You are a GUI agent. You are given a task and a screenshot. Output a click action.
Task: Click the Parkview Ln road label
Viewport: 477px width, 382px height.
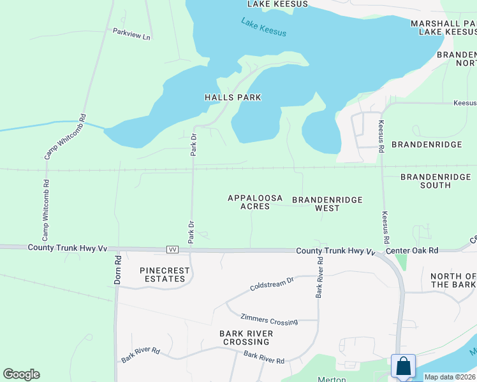coord(131,34)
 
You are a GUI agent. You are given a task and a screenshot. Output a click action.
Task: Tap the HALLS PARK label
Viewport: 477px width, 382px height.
coord(233,97)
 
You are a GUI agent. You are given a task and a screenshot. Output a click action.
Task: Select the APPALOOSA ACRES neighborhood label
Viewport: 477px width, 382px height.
coord(255,202)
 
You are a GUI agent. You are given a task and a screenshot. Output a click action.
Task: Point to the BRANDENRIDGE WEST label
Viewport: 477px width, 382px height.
coord(327,204)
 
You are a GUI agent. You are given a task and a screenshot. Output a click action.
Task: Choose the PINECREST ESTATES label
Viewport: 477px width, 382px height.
coord(165,274)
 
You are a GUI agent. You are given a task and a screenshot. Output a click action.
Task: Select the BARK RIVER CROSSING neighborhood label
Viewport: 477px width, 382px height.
coord(246,337)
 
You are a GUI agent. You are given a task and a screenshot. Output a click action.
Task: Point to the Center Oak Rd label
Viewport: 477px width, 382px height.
coord(416,251)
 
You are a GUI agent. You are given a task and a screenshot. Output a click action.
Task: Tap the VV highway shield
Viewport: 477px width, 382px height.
coord(172,250)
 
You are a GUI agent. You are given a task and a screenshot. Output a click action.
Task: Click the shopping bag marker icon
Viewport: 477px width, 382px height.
coord(403,366)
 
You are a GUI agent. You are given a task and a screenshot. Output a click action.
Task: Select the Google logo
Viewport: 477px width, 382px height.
coord(21,374)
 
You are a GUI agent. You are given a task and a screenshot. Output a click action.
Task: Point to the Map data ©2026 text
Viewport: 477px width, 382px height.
coord(450,377)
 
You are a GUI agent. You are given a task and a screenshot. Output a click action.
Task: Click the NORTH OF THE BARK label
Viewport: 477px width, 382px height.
coord(453,280)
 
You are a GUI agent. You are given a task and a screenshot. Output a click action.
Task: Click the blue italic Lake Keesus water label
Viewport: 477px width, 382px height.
coord(264,27)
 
